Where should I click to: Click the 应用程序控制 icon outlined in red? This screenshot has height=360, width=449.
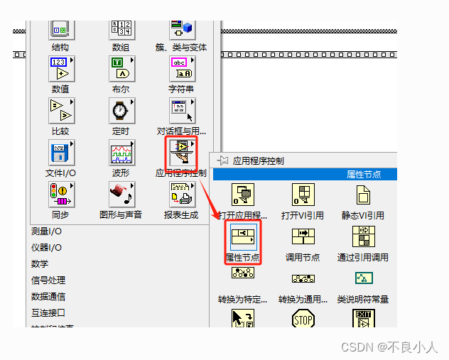pyautogui.click(x=181, y=153)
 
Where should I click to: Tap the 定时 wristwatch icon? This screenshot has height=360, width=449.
pyautogui.click(x=121, y=111)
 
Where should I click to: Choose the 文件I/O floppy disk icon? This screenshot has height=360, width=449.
pyautogui.click(x=60, y=153)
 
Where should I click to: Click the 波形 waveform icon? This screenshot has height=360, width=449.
pyautogui.click(x=121, y=153)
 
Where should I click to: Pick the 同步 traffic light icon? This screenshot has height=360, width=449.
pyautogui.click(x=60, y=194)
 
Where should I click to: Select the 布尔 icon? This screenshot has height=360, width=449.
pyautogui.click(x=121, y=69)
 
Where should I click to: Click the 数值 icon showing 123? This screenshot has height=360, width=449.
pyautogui.click(x=60, y=69)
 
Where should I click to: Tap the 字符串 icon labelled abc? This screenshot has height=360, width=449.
pyautogui.click(x=181, y=69)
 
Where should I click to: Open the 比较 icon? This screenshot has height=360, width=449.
pyautogui.click(x=60, y=111)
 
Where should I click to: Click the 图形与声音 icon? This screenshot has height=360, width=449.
pyautogui.click(x=121, y=194)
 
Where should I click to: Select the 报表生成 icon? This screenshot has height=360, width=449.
pyautogui.click(x=181, y=194)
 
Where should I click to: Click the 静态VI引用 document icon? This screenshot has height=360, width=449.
pyautogui.click(x=364, y=194)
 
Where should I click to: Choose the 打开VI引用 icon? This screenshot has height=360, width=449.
pyautogui.click(x=303, y=194)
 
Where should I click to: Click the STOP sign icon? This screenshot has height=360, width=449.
pyautogui.click(x=303, y=320)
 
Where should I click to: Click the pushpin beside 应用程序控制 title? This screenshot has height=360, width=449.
pyautogui.click(x=222, y=160)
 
